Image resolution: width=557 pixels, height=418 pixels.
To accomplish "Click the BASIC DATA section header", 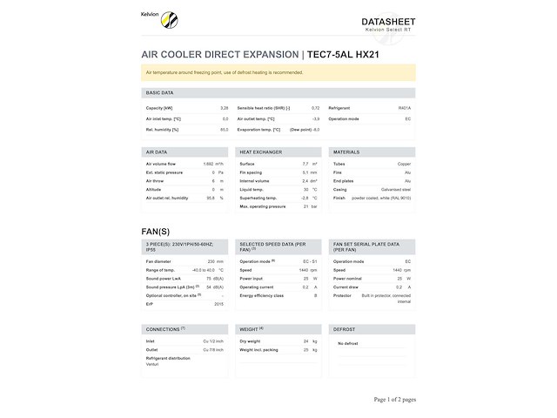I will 159,92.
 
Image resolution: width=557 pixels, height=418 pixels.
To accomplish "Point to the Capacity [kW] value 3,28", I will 224,108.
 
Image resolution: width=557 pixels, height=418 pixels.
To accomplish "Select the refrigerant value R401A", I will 405,108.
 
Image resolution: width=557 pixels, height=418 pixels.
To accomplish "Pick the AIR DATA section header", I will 157,152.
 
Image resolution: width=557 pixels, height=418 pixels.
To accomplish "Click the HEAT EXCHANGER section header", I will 260,152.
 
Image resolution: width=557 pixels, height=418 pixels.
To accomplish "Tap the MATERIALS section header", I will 346,152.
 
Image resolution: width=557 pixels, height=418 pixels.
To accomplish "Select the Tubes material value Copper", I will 405,164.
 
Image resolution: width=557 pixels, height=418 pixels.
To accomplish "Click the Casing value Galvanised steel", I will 396,189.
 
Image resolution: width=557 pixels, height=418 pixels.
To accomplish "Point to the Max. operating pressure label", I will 263,206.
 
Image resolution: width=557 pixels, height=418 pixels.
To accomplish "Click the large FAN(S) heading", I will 156,231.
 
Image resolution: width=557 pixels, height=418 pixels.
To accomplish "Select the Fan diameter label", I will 158,261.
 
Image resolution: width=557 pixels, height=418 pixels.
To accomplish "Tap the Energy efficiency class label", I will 262,295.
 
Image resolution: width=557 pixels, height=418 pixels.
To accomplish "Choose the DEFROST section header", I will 344,329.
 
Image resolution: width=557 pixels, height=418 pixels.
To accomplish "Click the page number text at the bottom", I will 394,400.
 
